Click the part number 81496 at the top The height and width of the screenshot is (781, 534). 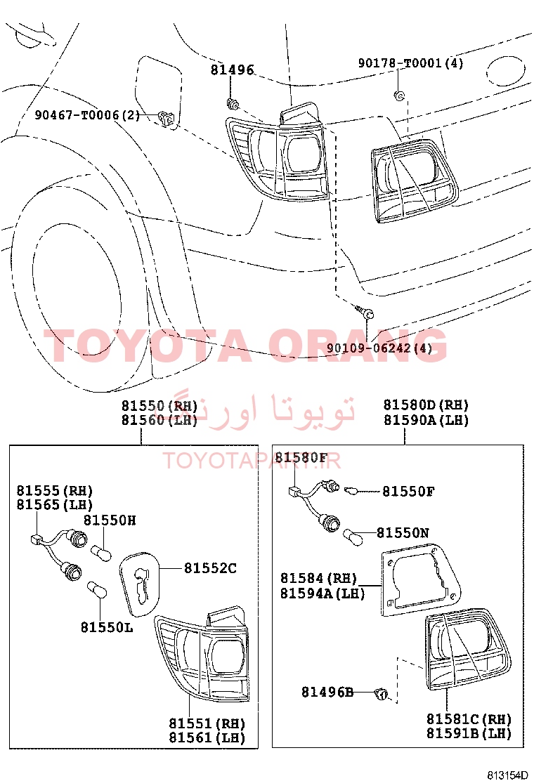232,70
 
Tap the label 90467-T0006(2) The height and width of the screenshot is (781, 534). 88,115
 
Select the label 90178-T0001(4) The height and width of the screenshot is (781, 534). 411,63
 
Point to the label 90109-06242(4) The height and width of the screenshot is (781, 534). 379,348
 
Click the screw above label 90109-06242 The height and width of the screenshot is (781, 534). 365,311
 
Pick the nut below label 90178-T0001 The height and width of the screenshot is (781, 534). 399,95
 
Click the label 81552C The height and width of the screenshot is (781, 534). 210,568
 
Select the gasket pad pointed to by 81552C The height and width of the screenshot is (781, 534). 140,583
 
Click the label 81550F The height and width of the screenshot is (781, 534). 408,492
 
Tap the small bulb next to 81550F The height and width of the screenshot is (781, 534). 351,491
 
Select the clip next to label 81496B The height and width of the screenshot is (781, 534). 381,693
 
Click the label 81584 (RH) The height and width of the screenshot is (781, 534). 319,578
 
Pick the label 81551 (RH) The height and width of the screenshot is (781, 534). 207,723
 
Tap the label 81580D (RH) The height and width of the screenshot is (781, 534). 426,405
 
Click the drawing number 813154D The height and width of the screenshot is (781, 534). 507,775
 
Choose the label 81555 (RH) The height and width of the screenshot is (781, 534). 55,491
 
